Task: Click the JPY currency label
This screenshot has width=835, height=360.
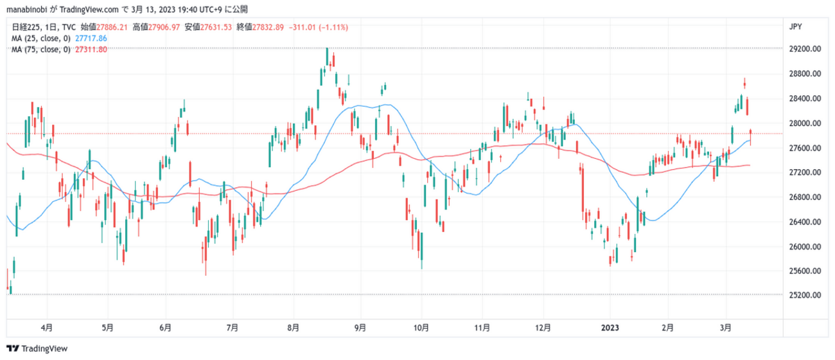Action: [x=795, y=26]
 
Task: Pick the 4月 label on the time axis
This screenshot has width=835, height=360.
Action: [x=47, y=327]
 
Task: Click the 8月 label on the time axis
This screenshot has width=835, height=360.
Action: [x=293, y=327]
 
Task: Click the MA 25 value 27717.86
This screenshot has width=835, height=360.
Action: [x=91, y=39]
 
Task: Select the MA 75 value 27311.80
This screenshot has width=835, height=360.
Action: [x=91, y=50]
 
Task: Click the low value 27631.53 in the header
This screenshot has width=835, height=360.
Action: [x=217, y=27]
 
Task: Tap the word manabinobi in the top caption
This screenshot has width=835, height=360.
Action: [x=26, y=9]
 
